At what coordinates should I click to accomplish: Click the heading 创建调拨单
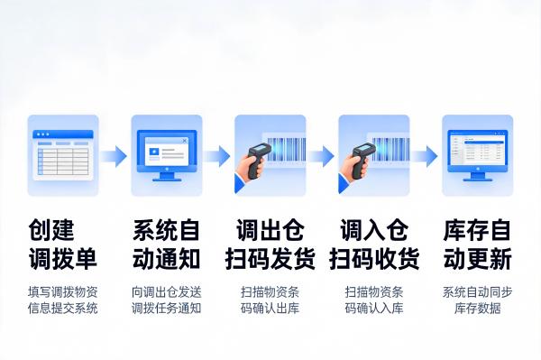click(x=63, y=245)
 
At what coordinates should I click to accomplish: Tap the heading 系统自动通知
click(x=167, y=245)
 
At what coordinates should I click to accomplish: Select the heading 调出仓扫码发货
click(x=270, y=245)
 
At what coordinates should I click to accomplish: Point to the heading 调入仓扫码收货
click(x=374, y=245)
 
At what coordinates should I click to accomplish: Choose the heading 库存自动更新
click(x=478, y=245)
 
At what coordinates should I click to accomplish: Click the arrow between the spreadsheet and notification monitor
click(x=115, y=156)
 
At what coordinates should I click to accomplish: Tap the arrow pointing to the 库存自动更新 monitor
click(x=426, y=156)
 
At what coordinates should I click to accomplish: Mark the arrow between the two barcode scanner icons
click(x=322, y=156)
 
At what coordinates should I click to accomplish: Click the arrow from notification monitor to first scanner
click(x=218, y=156)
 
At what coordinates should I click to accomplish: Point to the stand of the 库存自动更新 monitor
click(x=478, y=175)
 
